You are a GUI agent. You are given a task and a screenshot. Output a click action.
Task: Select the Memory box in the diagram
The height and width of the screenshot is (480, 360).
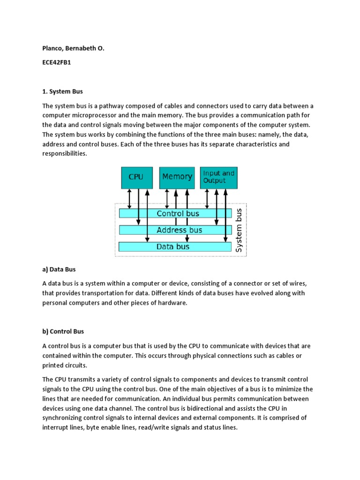(x=177, y=177)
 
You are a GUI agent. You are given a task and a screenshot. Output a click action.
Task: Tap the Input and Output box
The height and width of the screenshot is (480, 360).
(x=218, y=177)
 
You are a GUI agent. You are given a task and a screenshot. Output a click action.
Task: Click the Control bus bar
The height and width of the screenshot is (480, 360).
(x=178, y=213)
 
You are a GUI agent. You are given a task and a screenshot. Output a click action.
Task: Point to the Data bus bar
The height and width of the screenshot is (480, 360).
(x=173, y=247)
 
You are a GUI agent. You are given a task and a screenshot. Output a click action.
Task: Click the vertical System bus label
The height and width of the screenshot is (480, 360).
(x=240, y=231)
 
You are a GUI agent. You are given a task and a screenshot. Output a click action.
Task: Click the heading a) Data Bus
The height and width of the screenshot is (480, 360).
(x=59, y=270)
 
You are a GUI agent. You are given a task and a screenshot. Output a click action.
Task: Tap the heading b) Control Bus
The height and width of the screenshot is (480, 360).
(x=63, y=331)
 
